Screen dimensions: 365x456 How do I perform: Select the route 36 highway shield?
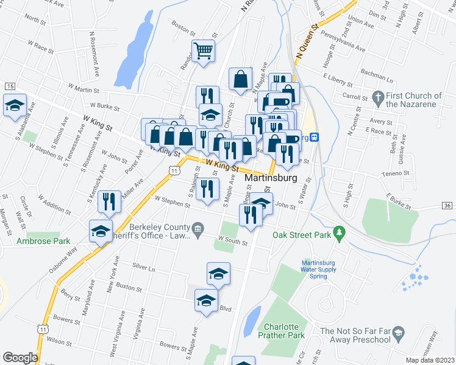pyautogui.click(x=447, y=206)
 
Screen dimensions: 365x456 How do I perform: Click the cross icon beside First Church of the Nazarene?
pyautogui.click(x=377, y=97)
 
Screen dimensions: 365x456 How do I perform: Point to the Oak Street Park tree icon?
pyautogui.click(x=340, y=232)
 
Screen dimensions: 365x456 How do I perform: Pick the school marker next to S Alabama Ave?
pyautogui.click(x=15, y=105)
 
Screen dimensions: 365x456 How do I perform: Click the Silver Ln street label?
pyautogui.click(x=144, y=267)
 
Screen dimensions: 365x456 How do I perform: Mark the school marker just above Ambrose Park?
pyautogui.click(x=101, y=231)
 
